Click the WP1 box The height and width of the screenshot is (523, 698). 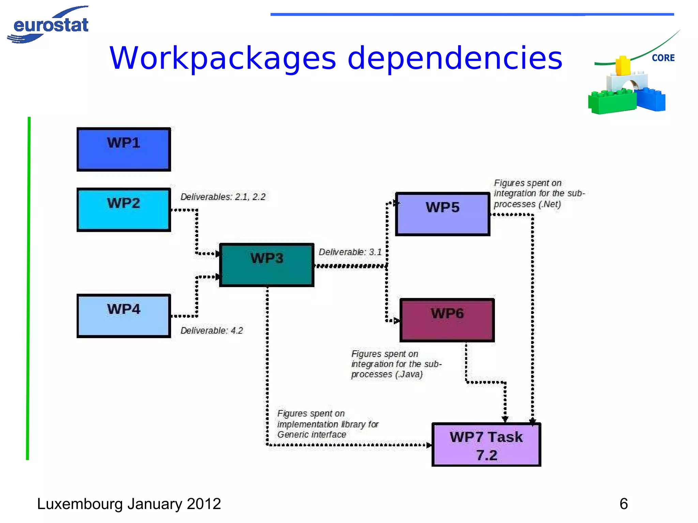pyautogui.click(x=123, y=149)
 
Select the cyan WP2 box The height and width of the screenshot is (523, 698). pyautogui.click(x=123, y=209)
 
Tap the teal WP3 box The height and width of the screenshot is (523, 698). pyautogui.click(x=267, y=265)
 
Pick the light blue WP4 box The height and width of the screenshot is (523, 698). pyautogui.click(x=123, y=316)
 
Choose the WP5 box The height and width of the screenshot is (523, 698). pyautogui.click(x=442, y=214)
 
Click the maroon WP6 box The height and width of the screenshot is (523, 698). pyautogui.click(x=447, y=320)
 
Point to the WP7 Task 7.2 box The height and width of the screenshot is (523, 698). pyautogui.click(x=486, y=445)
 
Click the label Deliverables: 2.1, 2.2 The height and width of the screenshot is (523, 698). pyautogui.click(x=223, y=197)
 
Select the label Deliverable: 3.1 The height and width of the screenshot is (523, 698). pyautogui.click(x=350, y=252)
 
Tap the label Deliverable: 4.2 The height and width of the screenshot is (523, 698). pyautogui.click(x=212, y=330)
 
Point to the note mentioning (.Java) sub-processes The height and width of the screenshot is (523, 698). pyautogui.click(x=396, y=364)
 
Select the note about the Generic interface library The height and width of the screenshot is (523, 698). pyautogui.click(x=328, y=424)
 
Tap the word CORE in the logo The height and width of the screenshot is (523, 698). pyautogui.click(x=663, y=58)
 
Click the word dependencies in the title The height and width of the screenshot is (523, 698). pyautogui.click(x=455, y=59)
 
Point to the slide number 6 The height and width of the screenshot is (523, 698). pyautogui.click(x=623, y=504)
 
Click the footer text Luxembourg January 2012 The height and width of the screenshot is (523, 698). pyautogui.click(x=129, y=504)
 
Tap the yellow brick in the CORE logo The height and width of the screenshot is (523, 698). pyautogui.click(x=623, y=65)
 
